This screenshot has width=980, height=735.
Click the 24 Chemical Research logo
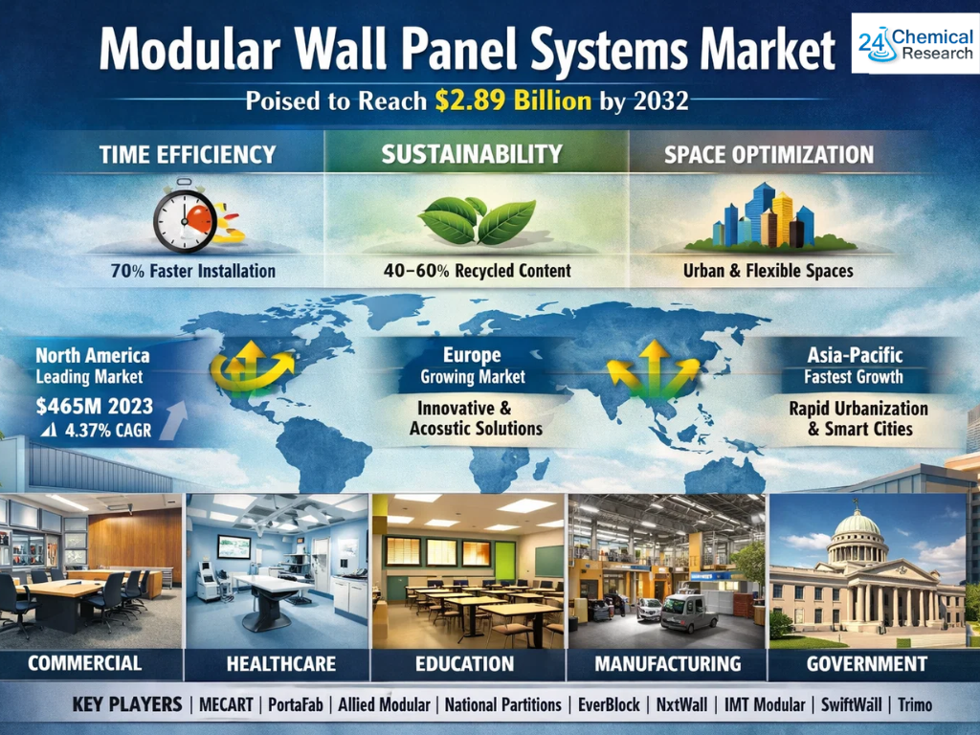(915, 44)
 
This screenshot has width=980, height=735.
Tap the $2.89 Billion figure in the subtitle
(513, 100)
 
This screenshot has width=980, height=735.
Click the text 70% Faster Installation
(193, 271)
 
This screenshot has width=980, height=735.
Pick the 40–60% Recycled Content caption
(478, 271)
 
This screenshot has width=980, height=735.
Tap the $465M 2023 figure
(95, 406)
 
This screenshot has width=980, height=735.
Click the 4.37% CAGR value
(108, 430)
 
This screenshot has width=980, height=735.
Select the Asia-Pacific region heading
(855, 355)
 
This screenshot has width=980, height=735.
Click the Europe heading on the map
(472, 355)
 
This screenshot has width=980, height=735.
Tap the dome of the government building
(857, 523)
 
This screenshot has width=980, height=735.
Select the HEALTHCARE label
(281, 664)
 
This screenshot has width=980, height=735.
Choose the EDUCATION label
(465, 664)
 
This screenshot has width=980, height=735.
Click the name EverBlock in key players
(609, 705)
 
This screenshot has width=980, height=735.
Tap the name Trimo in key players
(915, 705)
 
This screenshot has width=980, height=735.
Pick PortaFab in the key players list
(296, 705)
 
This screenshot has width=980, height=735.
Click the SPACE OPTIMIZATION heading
(768, 155)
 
